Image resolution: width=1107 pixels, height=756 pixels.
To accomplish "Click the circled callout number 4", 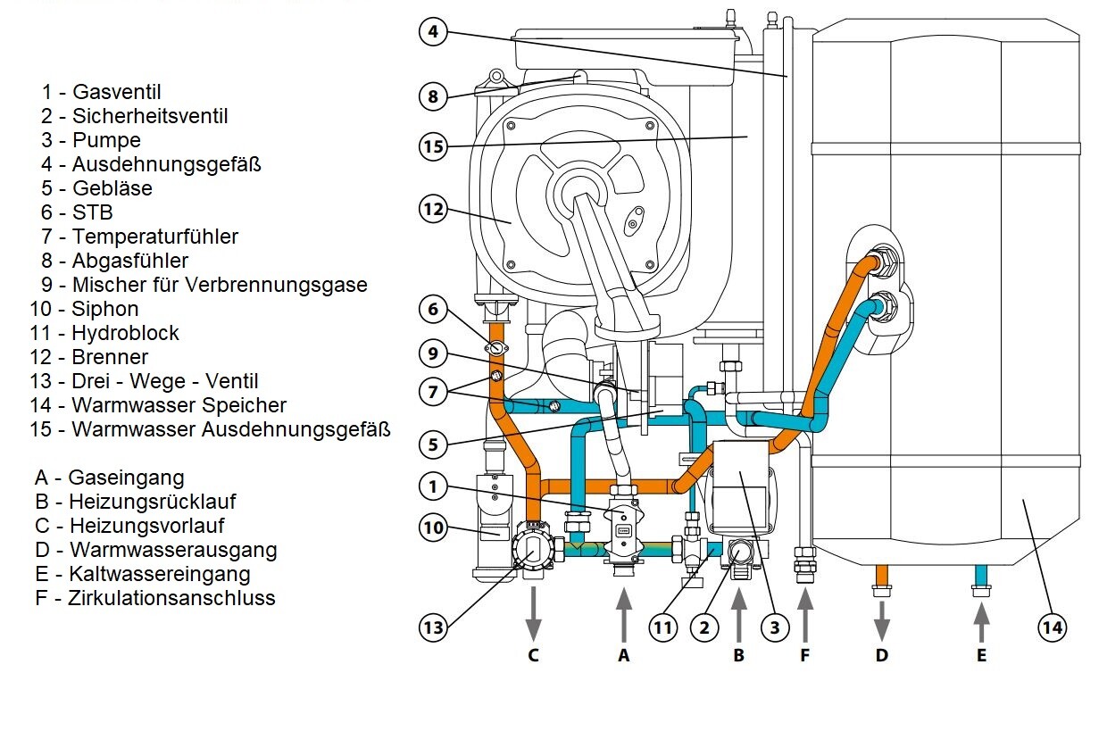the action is click(x=433, y=31).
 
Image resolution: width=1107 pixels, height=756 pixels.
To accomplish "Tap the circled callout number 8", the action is click(x=433, y=96).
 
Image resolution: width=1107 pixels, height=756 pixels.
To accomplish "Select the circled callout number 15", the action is click(x=433, y=146).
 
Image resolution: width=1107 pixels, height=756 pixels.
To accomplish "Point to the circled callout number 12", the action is click(x=433, y=209).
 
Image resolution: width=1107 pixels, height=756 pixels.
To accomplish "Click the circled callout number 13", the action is click(x=433, y=627).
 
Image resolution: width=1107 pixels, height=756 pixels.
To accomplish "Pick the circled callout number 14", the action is click(x=1053, y=627).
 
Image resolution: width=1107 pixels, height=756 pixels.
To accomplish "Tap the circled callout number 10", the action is click(x=433, y=528).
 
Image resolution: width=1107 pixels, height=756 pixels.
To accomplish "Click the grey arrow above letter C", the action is click(x=533, y=614).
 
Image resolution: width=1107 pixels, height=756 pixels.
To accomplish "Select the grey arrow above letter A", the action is click(x=624, y=614).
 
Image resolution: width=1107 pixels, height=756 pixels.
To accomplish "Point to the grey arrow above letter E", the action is click(x=981, y=623).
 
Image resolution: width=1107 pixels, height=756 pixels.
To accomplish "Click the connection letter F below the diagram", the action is click(x=805, y=655).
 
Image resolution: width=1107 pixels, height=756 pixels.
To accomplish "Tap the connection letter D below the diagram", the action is click(x=882, y=655).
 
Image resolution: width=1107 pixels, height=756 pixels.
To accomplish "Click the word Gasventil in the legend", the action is click(x=117, y=92).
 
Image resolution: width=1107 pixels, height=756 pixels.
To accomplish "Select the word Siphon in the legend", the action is click(x=105, y=309).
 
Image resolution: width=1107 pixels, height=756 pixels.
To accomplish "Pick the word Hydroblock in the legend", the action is click(x=125, y=333).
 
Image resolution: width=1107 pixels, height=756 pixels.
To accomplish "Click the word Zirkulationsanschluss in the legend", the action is click(x=171, y=598).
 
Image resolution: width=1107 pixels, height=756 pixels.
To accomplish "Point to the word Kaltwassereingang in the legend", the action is click(x=160, y=574).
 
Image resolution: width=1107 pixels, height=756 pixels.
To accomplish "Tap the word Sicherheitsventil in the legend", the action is click(x=150, y=116).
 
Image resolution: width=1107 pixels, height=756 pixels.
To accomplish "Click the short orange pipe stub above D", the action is click(x=882, y=575).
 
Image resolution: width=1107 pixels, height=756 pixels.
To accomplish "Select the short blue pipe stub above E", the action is click(x=981, y=575).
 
